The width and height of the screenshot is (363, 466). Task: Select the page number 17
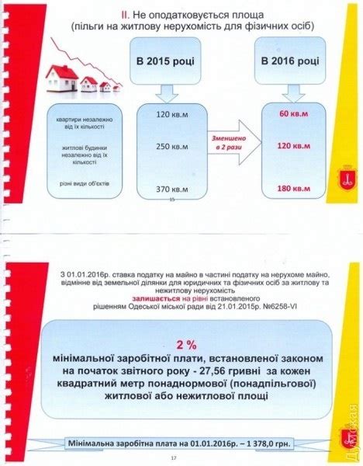185,461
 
